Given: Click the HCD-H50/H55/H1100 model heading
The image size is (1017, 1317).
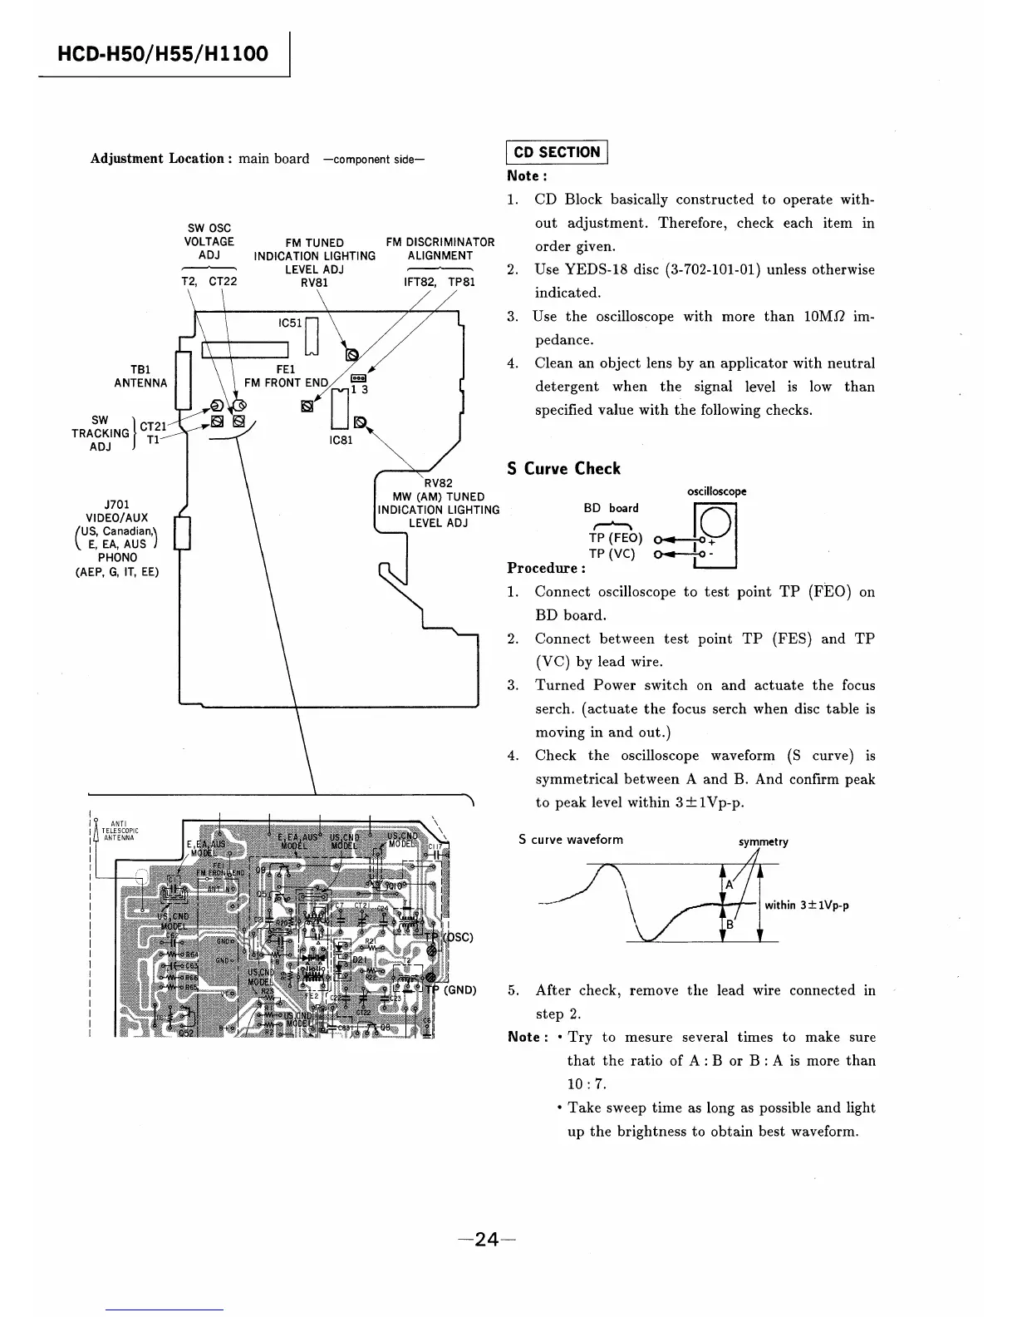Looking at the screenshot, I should (x=163, y=55).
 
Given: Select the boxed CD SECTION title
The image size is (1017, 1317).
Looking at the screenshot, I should (x=557, y=152).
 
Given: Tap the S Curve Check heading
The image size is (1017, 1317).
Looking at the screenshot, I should (x=563, y=468).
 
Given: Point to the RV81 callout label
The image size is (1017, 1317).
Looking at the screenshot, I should (x=314, y=282).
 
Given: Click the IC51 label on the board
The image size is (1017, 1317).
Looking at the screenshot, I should (x=289, y=323).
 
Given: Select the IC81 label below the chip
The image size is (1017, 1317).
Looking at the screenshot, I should (x=341, y=440).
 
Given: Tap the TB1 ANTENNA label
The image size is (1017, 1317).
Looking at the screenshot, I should (x=140, y=376).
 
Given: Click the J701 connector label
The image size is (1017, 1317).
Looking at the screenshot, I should (x=116, y=504).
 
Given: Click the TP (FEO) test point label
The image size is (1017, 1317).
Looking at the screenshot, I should (x=615, y=538).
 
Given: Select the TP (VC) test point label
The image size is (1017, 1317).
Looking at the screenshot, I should (x=612, y=554).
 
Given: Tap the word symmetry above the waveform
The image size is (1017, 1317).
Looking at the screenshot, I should (x=763, y=841).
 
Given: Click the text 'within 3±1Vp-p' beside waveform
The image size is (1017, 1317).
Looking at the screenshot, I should (x=806, y=905).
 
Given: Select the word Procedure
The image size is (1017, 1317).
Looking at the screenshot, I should (x=546, y=569).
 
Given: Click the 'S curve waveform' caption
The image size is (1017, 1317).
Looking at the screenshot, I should (x=570, y=840).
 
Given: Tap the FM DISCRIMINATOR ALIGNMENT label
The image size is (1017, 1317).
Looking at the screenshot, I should (x=440, y=249).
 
